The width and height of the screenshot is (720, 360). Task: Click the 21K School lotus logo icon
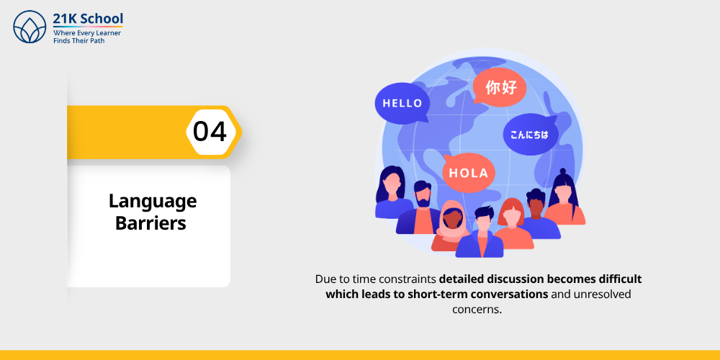[30, 27]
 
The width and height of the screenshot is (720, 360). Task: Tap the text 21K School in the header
[88, 18]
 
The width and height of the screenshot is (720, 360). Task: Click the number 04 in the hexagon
[210, 132]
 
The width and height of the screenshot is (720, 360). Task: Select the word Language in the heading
[152, 201]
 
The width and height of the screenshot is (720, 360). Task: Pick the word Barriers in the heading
[150, 223]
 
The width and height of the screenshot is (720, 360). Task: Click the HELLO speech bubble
[402, 103]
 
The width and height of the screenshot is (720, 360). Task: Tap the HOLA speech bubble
[468, 173]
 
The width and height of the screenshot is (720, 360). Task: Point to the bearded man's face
[423, 194]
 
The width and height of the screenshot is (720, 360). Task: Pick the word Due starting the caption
[325, 279]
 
